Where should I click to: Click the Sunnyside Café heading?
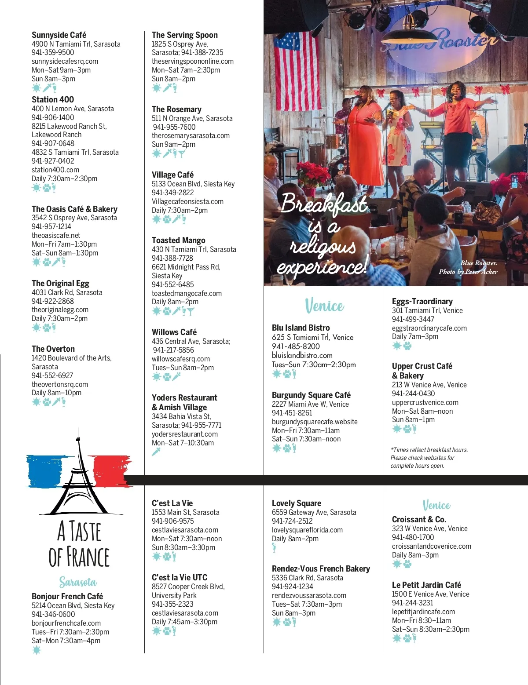click(59, 35)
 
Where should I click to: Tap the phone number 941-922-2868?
click(53, 301)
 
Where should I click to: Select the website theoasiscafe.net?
click(56, 235)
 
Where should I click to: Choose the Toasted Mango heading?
click(179, 240)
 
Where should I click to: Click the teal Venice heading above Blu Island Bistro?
click(325, 306)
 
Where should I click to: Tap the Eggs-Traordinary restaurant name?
click(422, 301)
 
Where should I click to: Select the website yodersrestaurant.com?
click(185, 434)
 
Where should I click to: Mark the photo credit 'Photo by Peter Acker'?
click(468, 272)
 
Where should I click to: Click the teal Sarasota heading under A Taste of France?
click(78, 582)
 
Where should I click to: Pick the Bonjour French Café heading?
click(67, 596)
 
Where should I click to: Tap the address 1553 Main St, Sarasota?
click(185, 512)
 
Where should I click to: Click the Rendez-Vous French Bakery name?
click(321, 568)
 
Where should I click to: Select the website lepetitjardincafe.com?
click(423, 612)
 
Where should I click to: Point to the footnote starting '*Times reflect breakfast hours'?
click(429, 458)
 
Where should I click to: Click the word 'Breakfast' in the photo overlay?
click(324, 204)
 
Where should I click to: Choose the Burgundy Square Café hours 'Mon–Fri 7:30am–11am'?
click(306, 430)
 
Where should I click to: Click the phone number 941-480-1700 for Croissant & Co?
click(413, 537)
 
